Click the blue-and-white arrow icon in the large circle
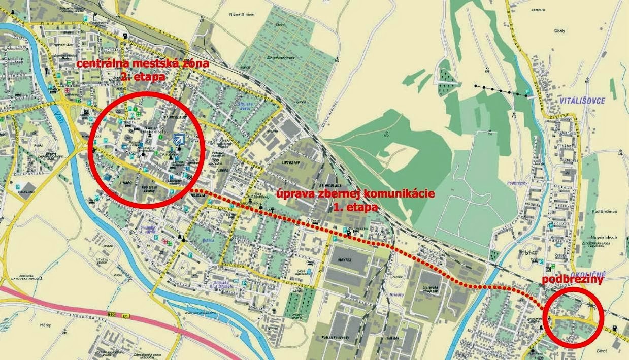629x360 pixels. coord(179,139)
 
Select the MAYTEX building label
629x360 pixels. coord(344,259)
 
